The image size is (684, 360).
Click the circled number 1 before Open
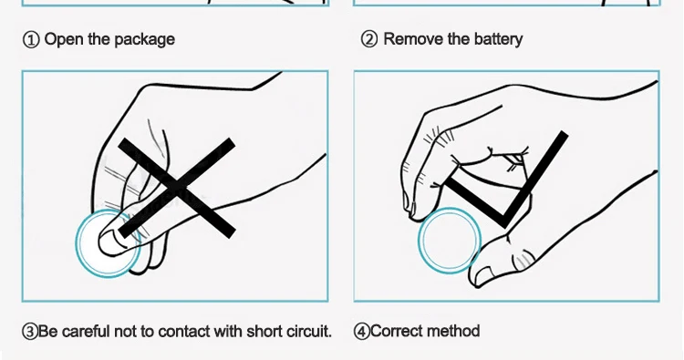[30, 40]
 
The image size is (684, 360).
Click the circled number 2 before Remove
[369, 40]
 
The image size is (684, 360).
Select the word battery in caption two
[498, 40]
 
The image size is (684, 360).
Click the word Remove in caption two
[413, 39]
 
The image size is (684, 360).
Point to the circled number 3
[30, 332]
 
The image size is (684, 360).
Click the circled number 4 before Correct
[362, 331]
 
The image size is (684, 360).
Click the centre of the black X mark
[177, 189]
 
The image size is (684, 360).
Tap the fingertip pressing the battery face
[111, 242]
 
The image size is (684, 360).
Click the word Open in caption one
[64, 40]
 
